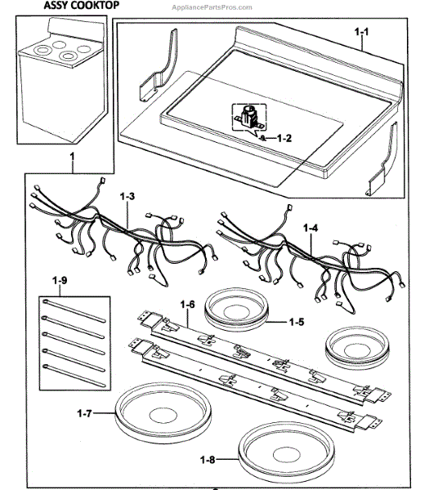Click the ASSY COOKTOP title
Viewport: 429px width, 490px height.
pos(81,6)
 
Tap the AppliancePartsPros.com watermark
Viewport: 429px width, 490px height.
pos(212,7)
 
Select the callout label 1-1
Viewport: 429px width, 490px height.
pos(362,32)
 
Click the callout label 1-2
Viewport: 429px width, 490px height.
pos(284,138)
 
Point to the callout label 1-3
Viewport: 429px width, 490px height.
pos(127,197)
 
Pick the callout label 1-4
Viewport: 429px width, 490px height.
pos(311,228)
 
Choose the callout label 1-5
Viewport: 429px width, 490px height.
pos(297,322)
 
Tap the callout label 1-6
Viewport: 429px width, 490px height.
pos(188,304)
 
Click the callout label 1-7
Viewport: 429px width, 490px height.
pos(84,413)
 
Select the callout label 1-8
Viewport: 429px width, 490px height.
pos(208,460)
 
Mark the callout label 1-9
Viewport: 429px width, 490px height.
pos(60,281)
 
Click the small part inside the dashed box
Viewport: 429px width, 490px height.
pos(249,118)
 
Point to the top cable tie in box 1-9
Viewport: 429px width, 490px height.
pos(74,310)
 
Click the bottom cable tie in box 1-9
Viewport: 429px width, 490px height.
pos(74,376)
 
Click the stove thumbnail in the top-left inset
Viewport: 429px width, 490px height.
pos(61,80)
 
